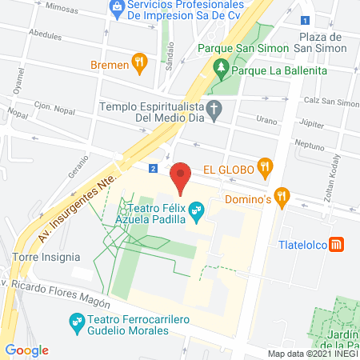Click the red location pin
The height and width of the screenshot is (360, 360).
coord(181,178)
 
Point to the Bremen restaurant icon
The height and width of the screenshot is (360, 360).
coord(139,62)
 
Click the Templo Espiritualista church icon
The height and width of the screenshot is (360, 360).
coord(214,110)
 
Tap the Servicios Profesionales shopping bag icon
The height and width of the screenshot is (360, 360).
coord(117,10)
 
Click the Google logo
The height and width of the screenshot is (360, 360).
coord(26,350)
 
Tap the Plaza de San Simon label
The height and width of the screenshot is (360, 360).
coord(320,44)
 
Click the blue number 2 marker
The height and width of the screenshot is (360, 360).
coord(152,168)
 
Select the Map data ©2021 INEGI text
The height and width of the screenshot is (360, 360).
coord(312,354)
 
